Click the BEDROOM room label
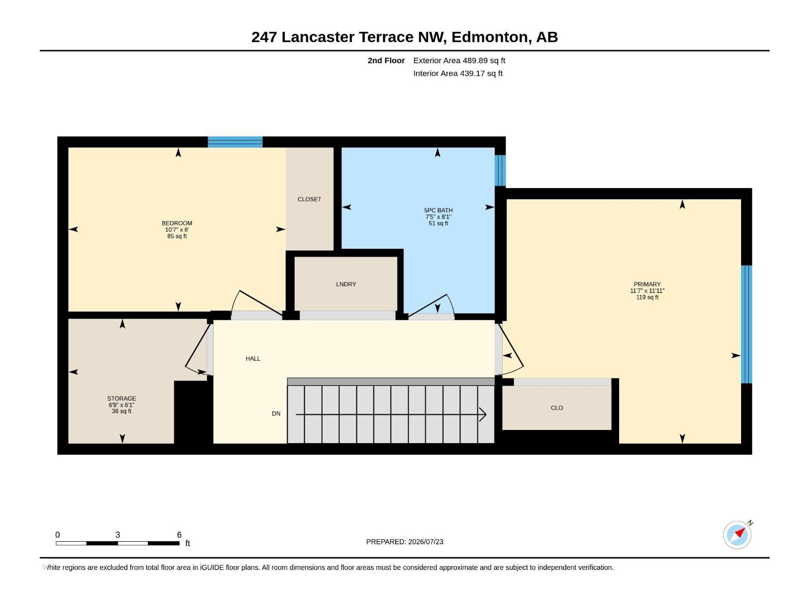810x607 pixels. [177, 223]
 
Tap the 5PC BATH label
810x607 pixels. [438, 210]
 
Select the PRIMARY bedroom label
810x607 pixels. [647, 284]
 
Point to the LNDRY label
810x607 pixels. [346, 284]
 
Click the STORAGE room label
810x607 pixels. [121, 399]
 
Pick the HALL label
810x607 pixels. [253, 359]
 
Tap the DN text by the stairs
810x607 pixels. [276, 413]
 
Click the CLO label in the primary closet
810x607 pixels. [557, 408]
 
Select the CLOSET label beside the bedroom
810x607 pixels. [309, 199]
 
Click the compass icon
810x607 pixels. [737, 535]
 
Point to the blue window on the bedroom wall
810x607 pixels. [235, 142]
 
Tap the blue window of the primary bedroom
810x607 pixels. [747, 324]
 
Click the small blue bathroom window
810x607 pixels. [500, 170]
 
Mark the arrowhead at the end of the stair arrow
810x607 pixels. [485, 415]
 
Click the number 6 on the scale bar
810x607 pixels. [179, 535]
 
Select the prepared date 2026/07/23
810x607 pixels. [426, 542]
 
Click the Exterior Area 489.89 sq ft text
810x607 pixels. [459, 60]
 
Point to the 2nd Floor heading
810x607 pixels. [386, 60]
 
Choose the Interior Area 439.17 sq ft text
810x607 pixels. [458, 73]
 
